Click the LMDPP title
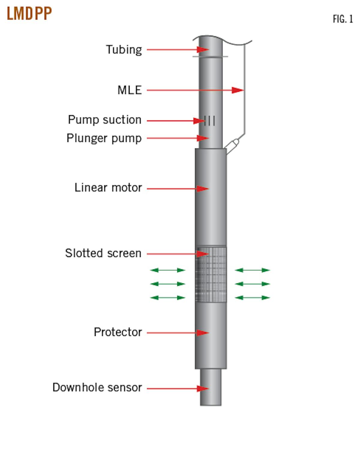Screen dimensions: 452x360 pyautogui.click(x=29, y=13)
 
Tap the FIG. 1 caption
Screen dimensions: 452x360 pyautogui.click(x=343, y=19)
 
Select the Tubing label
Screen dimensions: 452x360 pyautogui.click(x=124, y=50)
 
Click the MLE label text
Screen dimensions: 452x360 pyautogui.click(x=129, y=90)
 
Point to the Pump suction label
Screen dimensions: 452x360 pyautogui.click(x=104, y=120)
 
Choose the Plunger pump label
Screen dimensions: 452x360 pyautogui.click(x=104, y=138)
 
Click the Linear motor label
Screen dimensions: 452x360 pyautogui.click(x=108, y=188)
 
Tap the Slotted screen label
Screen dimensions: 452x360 pyautogui.click(x=103, y=253)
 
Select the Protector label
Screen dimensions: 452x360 pyautogui.click(x=118, y=332)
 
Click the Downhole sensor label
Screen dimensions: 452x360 pyautogui.click(x=97, y=388)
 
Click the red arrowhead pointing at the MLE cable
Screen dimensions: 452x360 pyautogui.click(x=238, y=90)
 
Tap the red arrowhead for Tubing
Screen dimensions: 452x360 pyautogui.click(x=203, y=50)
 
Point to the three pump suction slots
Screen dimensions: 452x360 pyautogui.click(x=210, y=121)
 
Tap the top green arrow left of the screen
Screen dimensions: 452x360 pyautogui.click(x=168, y=270)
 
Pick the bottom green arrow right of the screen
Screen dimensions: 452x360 pyautogui.click(x=252, y=298)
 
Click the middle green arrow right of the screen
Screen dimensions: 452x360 pyautogui.click(x=252, y=284)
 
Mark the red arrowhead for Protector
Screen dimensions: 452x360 pyautogui.click(x=203, y=333)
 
